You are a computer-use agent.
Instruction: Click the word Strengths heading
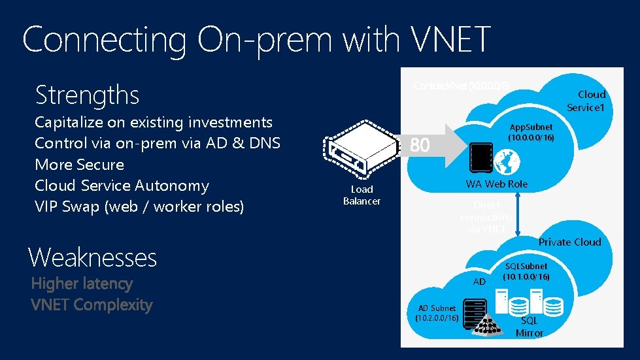87,95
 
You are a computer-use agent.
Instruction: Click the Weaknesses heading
92,257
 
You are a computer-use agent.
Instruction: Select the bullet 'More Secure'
79,165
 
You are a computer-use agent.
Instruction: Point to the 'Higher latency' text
82,284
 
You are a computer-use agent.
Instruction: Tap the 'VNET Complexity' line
92,304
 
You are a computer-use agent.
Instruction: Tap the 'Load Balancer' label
362,195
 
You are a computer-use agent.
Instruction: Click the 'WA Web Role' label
496,184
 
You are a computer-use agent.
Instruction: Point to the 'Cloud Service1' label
586,101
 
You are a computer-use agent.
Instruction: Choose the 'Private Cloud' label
569,242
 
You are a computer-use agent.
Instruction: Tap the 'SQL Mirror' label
529,327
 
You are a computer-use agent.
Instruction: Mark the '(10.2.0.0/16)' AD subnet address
437,318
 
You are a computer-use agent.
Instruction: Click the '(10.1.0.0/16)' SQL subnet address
526,276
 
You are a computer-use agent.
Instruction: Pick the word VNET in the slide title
452,40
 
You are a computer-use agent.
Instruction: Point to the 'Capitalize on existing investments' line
154,122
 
